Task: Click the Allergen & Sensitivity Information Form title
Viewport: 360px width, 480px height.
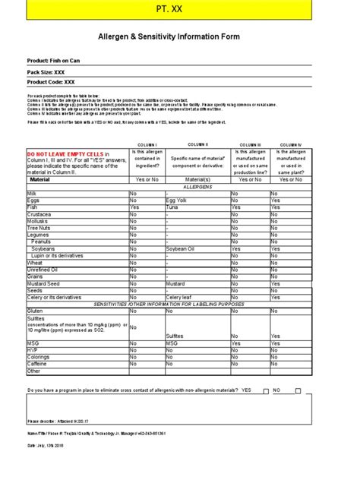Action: (179, 36)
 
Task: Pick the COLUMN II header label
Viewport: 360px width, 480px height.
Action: (196, 144)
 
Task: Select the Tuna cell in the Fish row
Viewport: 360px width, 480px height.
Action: (172, 207)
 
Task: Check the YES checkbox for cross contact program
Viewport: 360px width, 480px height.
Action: (265, 390)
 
